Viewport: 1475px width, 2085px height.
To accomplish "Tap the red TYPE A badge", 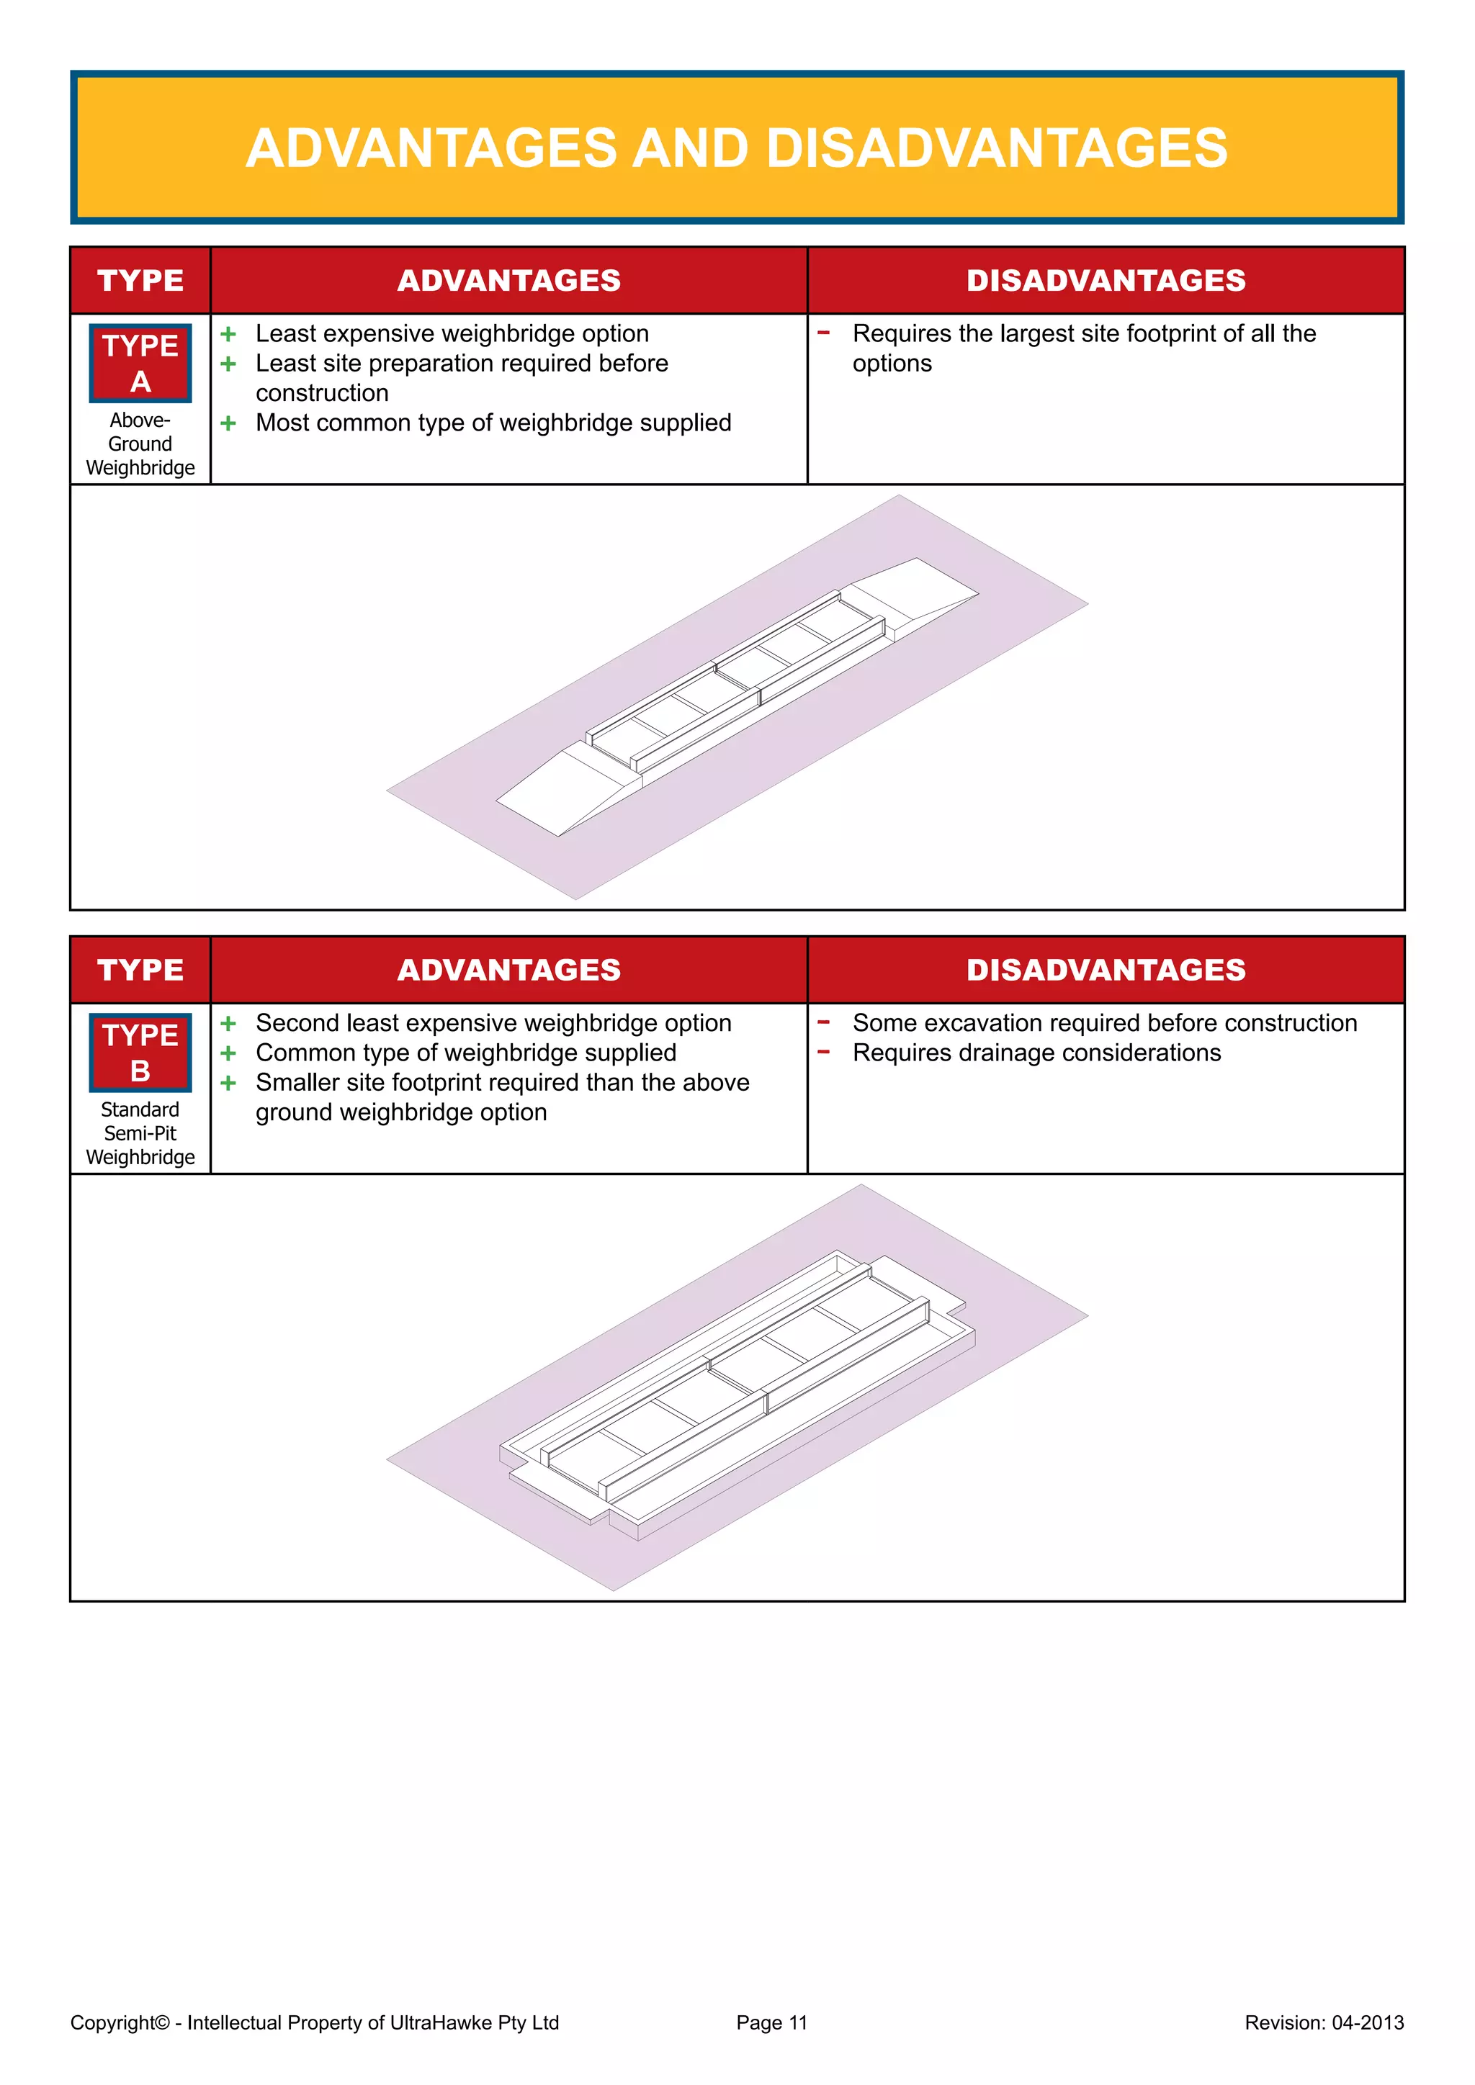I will tap(140, 364).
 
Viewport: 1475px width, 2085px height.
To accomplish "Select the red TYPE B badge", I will tap(140, 1053).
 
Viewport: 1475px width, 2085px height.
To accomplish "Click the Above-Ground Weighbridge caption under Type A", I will tap(140, 444).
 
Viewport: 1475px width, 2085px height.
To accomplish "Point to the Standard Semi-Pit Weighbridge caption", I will tap(140, 1133).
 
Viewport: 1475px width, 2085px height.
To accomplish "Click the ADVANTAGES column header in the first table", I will tap(508, 281).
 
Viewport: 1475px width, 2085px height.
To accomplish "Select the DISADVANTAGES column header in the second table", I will tap(1106, 970).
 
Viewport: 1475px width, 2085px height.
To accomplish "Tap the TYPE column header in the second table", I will tap(140, 970).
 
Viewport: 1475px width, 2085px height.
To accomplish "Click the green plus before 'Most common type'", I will tap(228, 423).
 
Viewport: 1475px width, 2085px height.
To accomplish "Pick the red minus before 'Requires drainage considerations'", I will tap(824, 1053).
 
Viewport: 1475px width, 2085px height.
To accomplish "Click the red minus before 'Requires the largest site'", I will tap(824, 333).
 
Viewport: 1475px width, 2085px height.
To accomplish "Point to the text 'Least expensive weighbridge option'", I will tap(452, 334).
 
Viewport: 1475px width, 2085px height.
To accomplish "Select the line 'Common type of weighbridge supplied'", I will tap(465, 1053).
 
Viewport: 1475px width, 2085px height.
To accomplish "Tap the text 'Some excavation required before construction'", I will tap(1104, 1024).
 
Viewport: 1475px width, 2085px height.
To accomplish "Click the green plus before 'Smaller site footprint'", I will tap(228, 1084).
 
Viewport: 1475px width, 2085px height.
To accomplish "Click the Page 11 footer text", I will tap(771, 2022).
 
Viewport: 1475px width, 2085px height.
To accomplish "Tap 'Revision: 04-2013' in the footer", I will tap(1323, 2022).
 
